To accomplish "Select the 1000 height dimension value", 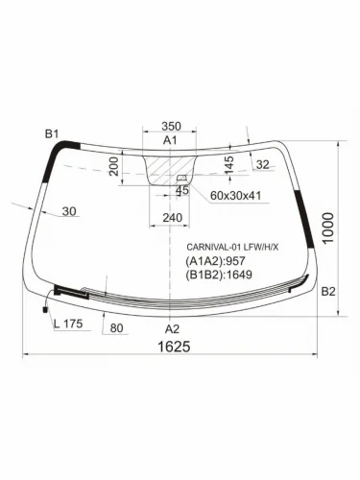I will pos(329,227).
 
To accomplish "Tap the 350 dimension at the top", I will pos(171,126).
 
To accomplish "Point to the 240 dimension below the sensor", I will pos(172,218).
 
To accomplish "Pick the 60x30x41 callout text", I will pos(235,196).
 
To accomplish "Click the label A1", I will pos(171,141).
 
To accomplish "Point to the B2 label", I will pos(327,291).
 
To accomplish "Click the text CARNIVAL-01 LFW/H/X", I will pos(233,248).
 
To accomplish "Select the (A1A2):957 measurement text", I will pos(217,262).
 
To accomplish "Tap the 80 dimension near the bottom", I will pos(117,328).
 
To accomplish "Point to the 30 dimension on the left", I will pos(69,212).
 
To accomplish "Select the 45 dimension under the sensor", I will pos(181,190).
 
